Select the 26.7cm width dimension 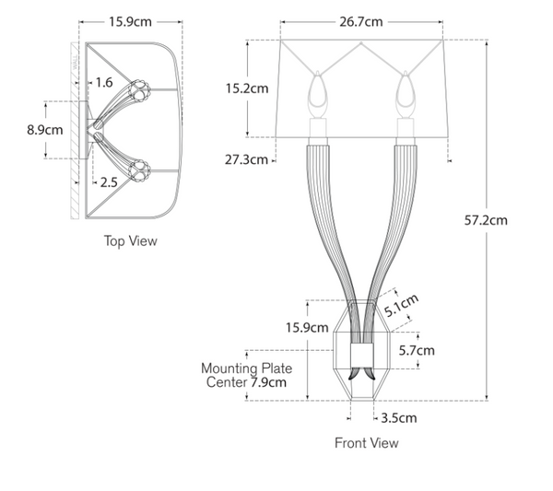[x=361, y=21]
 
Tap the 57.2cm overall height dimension [x=485, y=220]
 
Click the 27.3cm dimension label [x=246, y=159]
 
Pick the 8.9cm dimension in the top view [x=45, y=130]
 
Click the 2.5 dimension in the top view [x=108, y=182]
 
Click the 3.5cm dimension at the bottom [x=397, y=417]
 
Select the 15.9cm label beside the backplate [x=307, y=328]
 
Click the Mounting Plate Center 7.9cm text [x=245, y=375]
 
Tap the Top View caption [x=130, y=241]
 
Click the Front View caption [x=366, y=443]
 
